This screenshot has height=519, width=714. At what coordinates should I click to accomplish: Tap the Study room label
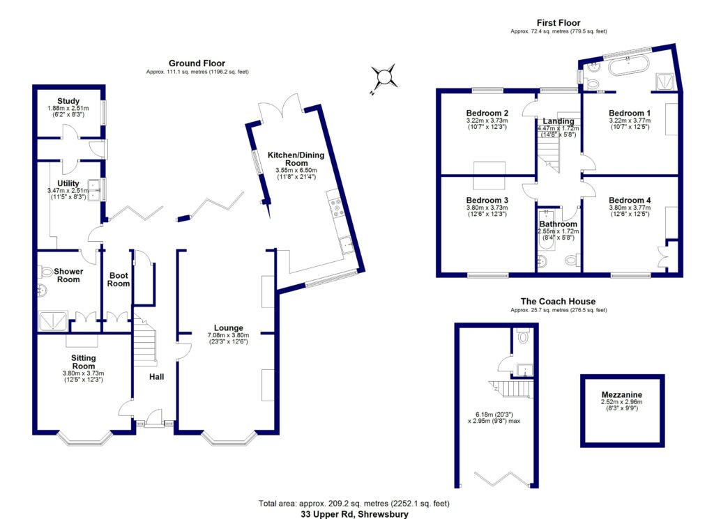click(x=69, y=101)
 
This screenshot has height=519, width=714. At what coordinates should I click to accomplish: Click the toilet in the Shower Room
click(x=47, y=272)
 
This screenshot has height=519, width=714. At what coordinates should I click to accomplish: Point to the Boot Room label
click(x=119, y=279)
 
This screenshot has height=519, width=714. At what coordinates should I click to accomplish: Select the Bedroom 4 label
click(x=630, y=200)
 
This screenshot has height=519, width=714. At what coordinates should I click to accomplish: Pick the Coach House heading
click(x=553, y=301)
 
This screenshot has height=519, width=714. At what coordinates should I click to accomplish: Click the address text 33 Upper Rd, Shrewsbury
click(x=354, y=514)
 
